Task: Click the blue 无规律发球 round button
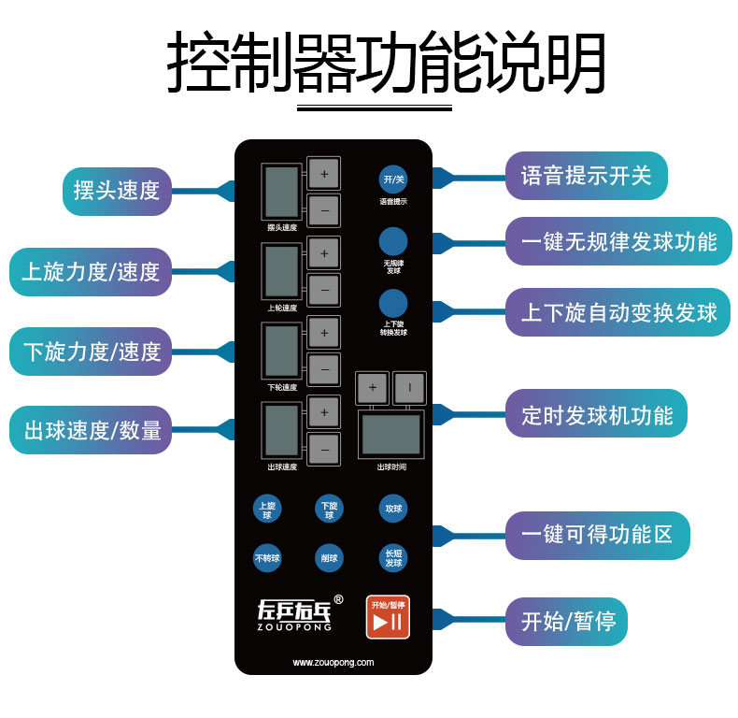(x=392, y=241)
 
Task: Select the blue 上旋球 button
(x=266, y=510)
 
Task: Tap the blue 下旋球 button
(x=329, y=510)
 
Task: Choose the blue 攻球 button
(x=392, y=510)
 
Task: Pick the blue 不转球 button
(x=266, y=558)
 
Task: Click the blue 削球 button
(x=329, y=558)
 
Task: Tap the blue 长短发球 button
(x=392, y=558)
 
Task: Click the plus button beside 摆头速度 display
(x=324, y=174)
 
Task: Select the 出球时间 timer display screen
(x=390, y=434)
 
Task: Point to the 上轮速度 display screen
(x=282, y=272)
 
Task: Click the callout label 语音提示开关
(x=586, y=176)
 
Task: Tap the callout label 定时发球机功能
(x=596, y=415)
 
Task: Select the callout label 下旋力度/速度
(x=92, y=352)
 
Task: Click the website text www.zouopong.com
(x=334, y=662)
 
